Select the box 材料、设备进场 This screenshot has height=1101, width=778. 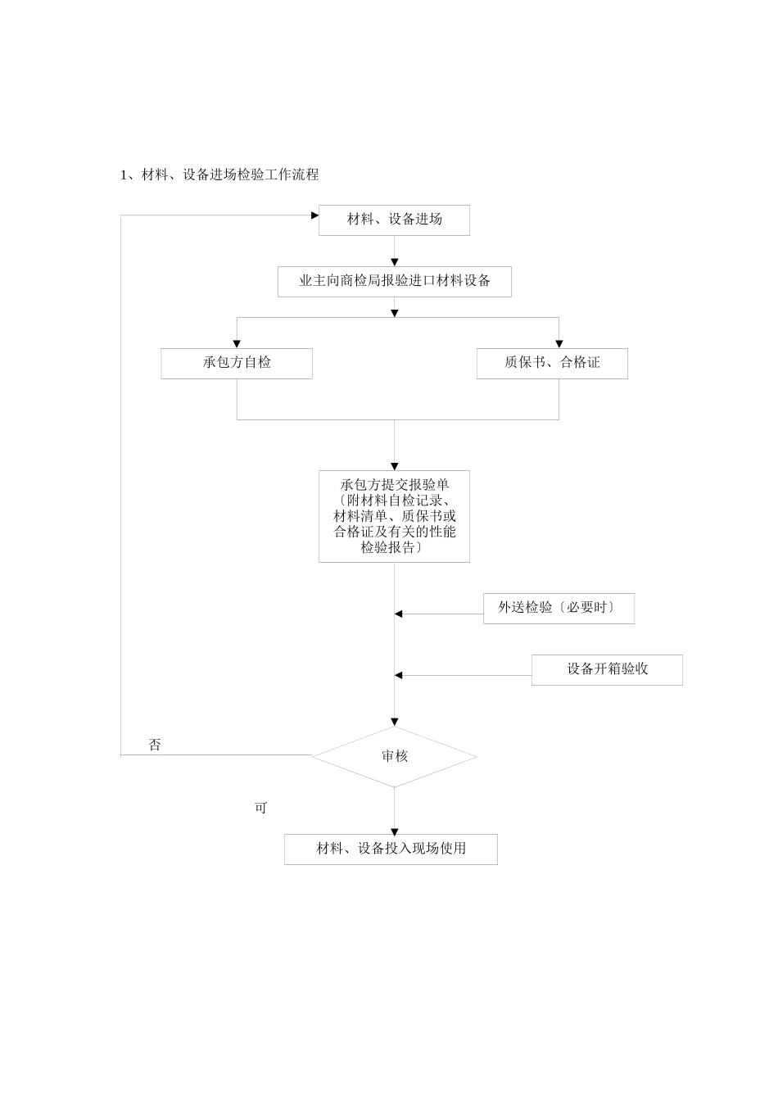click(x=394, y=220)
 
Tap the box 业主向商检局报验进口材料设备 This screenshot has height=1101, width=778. click(x=394, y=281)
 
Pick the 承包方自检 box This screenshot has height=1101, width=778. click(x=237, y=363)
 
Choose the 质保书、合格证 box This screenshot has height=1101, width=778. click(x=552, y=363)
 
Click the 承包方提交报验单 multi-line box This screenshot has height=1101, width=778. click(x=394, y=516)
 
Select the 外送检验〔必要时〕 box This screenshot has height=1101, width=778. click(x=559, y=609)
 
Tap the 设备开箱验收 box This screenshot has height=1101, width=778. click(x=607, y=669)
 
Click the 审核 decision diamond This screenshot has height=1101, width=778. click(x=394, y=757)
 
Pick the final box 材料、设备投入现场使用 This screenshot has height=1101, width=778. click(x=391, y=849)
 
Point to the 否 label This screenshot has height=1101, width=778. click(x=155, y=745)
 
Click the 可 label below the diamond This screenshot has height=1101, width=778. click(x=260, y=808)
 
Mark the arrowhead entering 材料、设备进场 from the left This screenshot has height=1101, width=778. click(x=314, y=215)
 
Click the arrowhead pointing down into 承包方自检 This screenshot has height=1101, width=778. click(x=237, y=344)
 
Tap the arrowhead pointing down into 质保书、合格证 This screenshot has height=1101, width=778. click(x=559, y=344)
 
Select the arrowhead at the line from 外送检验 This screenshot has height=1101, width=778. click(x=399, y=614)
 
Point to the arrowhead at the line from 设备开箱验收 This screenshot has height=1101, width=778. click(x=399, y=675)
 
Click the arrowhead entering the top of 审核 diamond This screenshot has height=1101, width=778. click(x=394, y=723)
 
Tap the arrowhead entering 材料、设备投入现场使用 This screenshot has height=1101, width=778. click(x=394, y=830)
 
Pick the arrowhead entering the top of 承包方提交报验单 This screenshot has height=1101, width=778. click(x=394, y=466)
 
